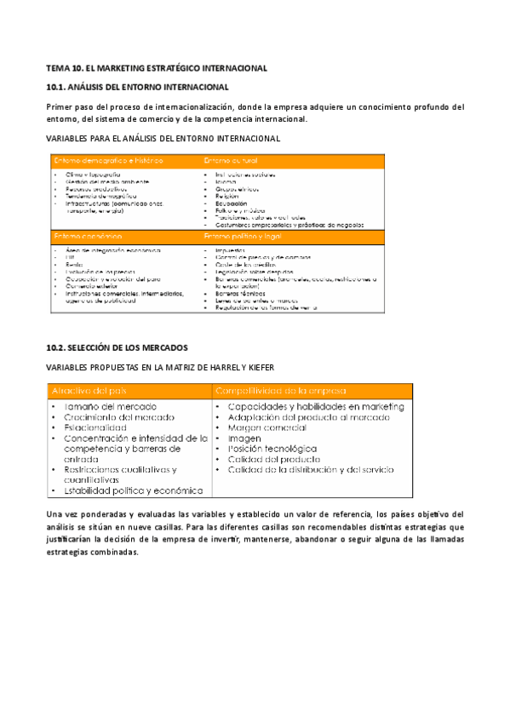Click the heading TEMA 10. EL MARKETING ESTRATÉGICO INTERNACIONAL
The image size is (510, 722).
[157, 67]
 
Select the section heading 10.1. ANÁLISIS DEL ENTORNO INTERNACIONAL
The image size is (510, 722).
[136, 87]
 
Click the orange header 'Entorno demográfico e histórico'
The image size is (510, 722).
[109, 160]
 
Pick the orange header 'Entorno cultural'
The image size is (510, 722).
[231, 160]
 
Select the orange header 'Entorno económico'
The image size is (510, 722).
[88, 235]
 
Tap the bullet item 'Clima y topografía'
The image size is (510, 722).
[93, 174]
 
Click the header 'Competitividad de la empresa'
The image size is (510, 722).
[281, 390]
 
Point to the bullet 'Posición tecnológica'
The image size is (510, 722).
[272, 449]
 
